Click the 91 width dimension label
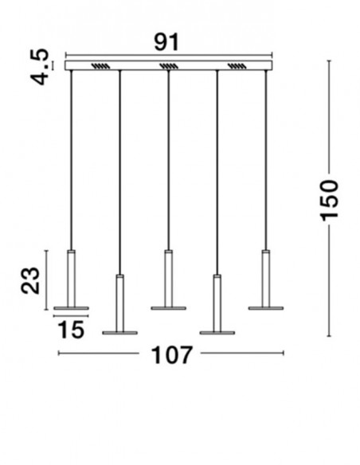coord(166,42)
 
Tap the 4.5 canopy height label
coord(40,67)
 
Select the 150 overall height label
coord(329,200)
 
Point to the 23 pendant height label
coord(30,280)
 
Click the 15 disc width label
coord(71,330)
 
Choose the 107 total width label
coord(171,355)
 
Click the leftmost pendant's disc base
coord(71,308)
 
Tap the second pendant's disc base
coord(119,333)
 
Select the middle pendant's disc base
coord(168,308)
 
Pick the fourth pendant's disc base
coord(217,333)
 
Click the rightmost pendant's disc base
coord(266,308)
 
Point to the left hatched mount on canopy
coord(100,66)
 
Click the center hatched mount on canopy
coord(169,66)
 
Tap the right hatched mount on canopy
coord(237,66)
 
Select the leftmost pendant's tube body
coord(71,279)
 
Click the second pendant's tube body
coord(119,303)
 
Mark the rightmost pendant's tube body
coord(266,279)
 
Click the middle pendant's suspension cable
coord(168,160)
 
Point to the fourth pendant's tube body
coord(217,303)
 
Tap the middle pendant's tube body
coord(168,279)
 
